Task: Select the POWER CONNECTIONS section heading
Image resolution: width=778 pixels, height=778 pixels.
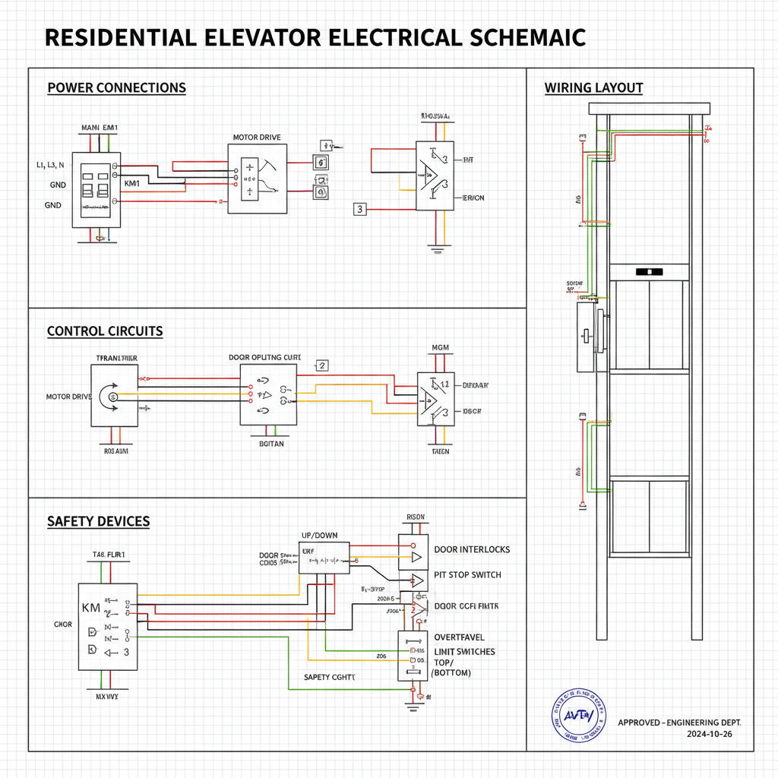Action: (x=116, y=88)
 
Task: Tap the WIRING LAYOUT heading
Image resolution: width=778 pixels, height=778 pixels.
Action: (x=593, y=88)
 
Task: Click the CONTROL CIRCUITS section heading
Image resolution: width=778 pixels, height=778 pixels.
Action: (x=105, y=331)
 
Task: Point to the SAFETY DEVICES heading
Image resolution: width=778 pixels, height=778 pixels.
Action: (x=98, y=521)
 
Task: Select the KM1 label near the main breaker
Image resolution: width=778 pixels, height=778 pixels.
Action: (x=131, y=184)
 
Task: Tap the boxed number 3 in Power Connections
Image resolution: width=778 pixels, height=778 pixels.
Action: (x=360, y=209)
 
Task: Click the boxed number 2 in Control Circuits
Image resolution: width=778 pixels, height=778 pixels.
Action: (x=321, y=365)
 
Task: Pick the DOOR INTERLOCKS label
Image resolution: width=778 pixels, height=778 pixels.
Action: (x=472, y=549)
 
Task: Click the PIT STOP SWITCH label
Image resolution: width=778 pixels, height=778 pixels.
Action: (x=467, y=574)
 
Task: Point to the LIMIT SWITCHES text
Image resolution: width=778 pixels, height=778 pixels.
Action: (x=464, y=652)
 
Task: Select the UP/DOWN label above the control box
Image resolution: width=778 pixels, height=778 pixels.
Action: (x=320, y=536)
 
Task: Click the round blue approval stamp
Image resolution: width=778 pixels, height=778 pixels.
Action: (x=579, y=715)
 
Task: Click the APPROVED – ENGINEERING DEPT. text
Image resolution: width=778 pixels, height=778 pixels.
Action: (x=679, y=722)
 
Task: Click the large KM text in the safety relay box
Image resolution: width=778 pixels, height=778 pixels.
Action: (x=91, y=609)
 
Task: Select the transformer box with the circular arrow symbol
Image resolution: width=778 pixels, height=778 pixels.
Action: (x=115, y=395)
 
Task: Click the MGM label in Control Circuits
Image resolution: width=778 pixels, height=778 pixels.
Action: (x=440, y=348)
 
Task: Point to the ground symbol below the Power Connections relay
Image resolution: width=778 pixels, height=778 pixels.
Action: (x=436, y=247)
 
